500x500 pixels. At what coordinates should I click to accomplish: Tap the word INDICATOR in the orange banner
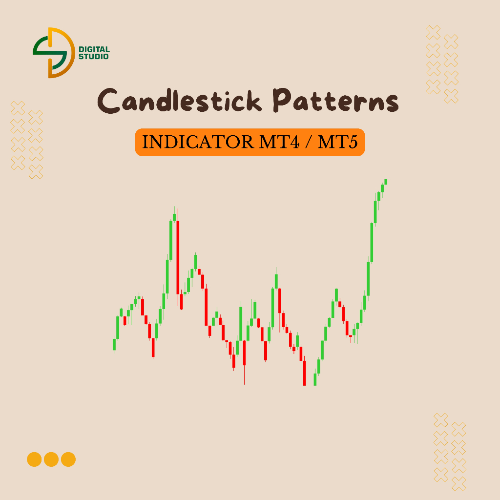195,142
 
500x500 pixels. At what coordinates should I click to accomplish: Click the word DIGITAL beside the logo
94,50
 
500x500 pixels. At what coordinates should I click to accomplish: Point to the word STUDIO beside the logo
94,57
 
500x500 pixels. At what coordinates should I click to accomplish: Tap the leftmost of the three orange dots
34,459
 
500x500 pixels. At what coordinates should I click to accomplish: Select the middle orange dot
51,459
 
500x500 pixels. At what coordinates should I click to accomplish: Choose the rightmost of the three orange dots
68,459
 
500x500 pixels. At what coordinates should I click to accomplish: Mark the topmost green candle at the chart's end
386,182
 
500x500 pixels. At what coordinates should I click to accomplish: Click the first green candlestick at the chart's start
114,345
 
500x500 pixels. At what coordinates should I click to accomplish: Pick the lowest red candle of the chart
305,373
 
